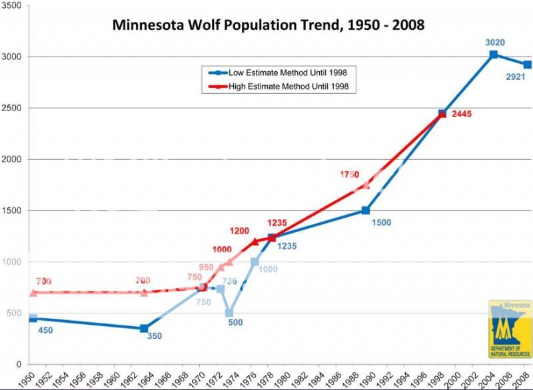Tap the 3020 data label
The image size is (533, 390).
(x=494, y=43)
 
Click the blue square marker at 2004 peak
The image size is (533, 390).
(x=494, y=55)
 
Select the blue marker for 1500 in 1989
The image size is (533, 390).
(x=365, y=210)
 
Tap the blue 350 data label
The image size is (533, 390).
(x=154, y=337)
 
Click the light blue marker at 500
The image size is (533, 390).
(x=229, y=313)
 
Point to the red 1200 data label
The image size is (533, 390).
(x=239, y=231)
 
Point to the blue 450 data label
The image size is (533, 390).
(x=45, y=330)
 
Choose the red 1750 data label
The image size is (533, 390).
(x=349, y=175)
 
